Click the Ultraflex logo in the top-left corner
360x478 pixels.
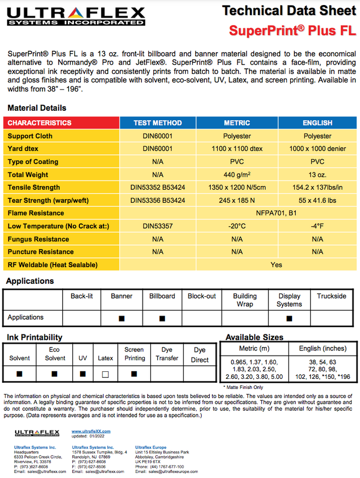76,16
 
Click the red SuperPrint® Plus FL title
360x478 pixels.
292,30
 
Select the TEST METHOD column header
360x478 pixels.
158,123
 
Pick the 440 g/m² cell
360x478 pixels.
237,175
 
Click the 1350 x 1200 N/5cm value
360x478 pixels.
237,188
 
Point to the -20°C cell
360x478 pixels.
237,226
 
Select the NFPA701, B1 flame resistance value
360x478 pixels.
276,213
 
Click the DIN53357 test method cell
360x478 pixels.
158,226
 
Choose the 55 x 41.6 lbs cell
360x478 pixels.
318,200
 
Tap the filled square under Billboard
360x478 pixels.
162,319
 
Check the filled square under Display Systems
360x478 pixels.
289,319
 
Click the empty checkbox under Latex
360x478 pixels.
105,374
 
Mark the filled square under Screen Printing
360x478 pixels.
134,374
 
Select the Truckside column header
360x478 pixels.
332,296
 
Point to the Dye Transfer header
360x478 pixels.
167,354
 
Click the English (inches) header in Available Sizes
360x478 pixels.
323,349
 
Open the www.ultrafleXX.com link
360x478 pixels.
91,431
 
